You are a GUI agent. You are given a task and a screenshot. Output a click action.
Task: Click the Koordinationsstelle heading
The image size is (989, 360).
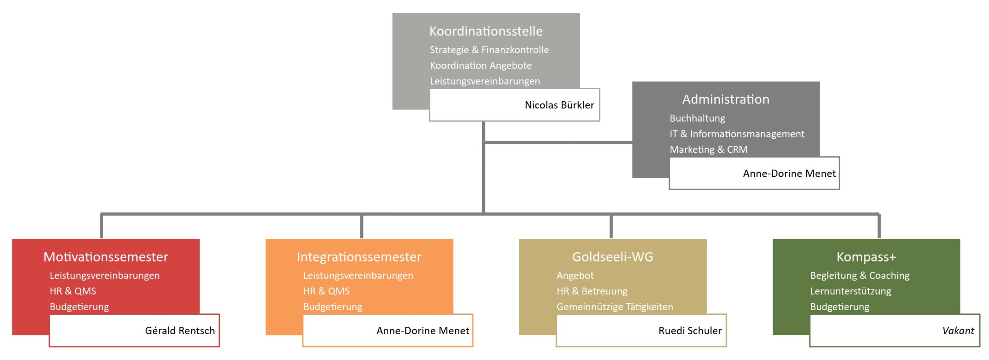pyautogui.click(x=486, y=31)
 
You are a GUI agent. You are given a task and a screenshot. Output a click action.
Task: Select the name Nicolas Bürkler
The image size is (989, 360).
pyautogui.click(x=559, y=105)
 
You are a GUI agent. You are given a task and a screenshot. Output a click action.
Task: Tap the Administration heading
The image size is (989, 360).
pyautogui.click(x=726, y=99)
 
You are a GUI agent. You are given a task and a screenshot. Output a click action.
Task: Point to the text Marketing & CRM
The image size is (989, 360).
pyautogui.click(x=709, y=149)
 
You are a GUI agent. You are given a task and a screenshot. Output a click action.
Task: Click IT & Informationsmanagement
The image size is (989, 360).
pyautogui.click(x=737, y=134)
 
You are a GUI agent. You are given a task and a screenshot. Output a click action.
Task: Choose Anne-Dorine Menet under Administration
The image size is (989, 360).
pyautogui.click(x=789, y=173)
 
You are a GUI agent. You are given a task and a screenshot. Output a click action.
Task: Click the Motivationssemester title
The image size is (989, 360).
pyautogui.click(x=106, y=257)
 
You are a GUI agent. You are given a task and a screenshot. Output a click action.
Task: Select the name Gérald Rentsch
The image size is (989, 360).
pyautogui.click(x=180, y=331)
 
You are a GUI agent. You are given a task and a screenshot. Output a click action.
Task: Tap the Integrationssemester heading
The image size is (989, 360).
pyautogui.click(x=359, y=257)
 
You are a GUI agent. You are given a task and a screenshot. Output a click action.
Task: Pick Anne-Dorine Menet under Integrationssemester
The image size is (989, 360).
pyautogui.click(x=423, y=331)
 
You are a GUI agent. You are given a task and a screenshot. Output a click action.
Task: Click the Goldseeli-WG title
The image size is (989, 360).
pyautogui.click(x=613, y=257)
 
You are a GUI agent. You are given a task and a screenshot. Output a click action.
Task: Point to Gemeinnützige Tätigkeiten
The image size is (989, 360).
pyautogui.click(x=615, y=307)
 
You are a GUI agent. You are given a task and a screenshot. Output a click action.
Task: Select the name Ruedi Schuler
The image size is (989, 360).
pyautogui.click(x=690, y=331)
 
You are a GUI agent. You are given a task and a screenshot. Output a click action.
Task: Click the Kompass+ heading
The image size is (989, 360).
pyautogui.click(x=866, y=257)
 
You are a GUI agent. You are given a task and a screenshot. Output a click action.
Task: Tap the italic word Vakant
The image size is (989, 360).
pyautogui.click(x=958, y=331)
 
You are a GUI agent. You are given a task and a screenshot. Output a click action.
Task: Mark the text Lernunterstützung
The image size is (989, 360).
pyautogui.click(x=851, y=291)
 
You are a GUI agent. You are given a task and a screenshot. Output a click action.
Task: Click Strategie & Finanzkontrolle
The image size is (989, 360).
pyautogui.click(x=489, y=50)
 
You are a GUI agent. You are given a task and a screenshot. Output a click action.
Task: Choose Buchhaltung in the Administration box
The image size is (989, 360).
pyautogui.click(x=697, y=118)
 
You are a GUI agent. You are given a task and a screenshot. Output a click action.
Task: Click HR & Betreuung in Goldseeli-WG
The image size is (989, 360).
pyautogui.click(x=592, y=291)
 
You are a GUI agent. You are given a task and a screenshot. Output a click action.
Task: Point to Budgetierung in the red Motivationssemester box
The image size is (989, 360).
pyautogui.click(x=79, y=307)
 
